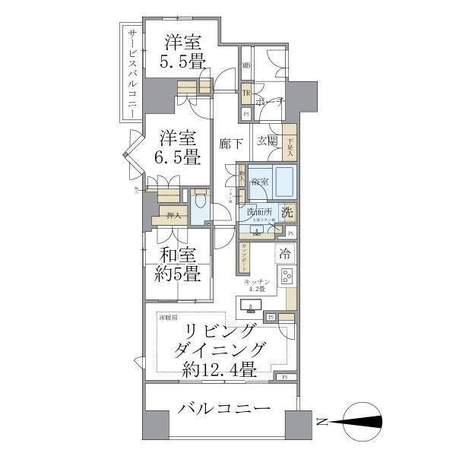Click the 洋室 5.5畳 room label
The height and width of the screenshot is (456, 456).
pyautogui.click(x=180, y=51)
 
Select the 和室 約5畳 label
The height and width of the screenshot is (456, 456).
pyautogui.click(x=180, y=264)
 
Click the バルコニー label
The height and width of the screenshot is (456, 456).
pyautogui.click(x=223, y=409)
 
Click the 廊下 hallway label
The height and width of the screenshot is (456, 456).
pyautogui.click(x=230, y=143)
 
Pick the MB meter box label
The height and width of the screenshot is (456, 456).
pyautogui.click(x=246, y=67)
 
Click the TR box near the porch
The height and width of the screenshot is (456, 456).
pyautogui.click(x=246, y=94)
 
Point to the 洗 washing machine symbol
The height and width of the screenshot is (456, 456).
pyautogui.click(x=287, y=213)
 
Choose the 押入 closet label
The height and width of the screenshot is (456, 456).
pyautogui.click(x=173, y=217)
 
